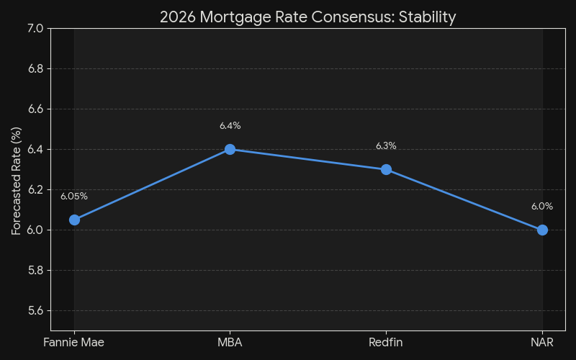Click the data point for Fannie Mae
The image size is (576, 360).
74,220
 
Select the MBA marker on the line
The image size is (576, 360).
230,149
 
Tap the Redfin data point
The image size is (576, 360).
386,169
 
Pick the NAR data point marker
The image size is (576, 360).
542,230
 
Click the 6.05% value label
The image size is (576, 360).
74,196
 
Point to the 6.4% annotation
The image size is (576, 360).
230,126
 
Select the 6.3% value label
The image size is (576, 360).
386,146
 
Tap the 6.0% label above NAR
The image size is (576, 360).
542,207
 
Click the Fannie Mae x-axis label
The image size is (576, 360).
74,343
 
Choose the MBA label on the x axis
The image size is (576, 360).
230,343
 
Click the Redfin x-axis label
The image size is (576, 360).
386,343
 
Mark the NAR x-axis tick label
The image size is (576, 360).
542,343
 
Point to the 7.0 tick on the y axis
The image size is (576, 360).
35,28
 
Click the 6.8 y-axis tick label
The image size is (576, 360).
35,68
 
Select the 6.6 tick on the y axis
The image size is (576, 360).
35,109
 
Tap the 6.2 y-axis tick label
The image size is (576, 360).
35,189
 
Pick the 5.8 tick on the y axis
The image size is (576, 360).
35,270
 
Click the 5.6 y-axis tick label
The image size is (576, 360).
35,310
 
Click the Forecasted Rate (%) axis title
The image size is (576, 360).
16,180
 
